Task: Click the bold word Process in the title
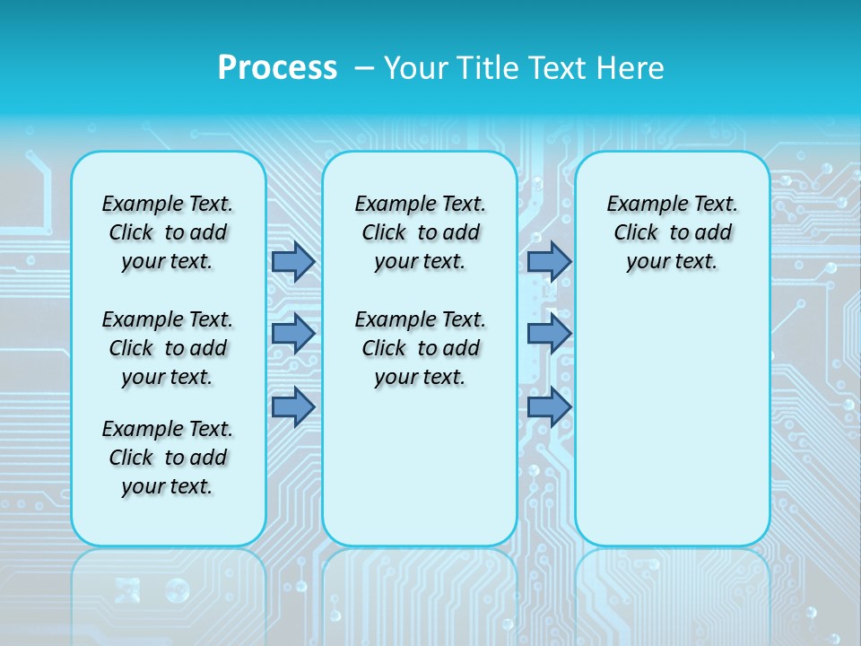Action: pyautogui.click(x=277, y=68)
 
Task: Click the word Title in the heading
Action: pyautogui.click(x=490, y=68)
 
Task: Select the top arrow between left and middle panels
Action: pyautogui.click(x=293, y=262)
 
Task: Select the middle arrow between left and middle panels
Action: pyautogui.click(x=293, y=334)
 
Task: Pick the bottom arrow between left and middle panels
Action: pyautogui.click(x=293, y=406)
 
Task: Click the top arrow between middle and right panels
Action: pyautogui.click(x=549, y=262)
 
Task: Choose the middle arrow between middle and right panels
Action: pyautogui.click(x=549, y=334)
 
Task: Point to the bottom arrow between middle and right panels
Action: pyautogui.click(x=549, y=406)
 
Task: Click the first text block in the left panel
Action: pyautogui.click(x=168, y=232)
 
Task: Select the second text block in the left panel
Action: pyautogui.click(x=168, y=348)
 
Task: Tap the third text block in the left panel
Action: pyautogui.click(x=168, y=458)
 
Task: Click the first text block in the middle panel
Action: pyautogui.click(x=420, y=232)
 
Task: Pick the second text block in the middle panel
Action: pyautogui.click(x=420, y=348)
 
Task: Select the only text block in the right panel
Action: pyautogui.click(x=672, y=232)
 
